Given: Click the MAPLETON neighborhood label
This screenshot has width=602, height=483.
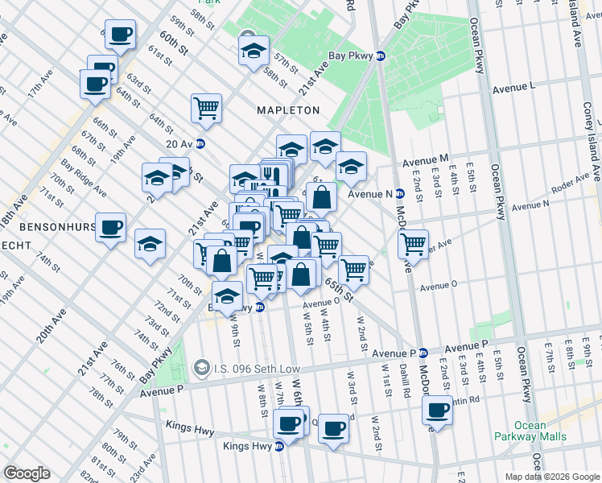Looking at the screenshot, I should [x=288, y=109].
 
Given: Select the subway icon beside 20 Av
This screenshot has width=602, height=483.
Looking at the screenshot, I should [x=200, y=144].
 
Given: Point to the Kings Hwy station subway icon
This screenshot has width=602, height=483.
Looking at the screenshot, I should [x=278, y=446].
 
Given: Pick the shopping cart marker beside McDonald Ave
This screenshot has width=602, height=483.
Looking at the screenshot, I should [x=413, y=242].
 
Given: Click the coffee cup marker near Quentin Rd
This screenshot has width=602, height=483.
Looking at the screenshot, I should [x=437, y=410].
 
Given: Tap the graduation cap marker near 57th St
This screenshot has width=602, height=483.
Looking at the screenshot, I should [x=254, y=51].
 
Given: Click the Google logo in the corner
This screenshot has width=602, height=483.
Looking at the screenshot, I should [x=27, y=473].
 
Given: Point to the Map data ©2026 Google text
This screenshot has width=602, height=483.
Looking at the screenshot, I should [x=552, y=477].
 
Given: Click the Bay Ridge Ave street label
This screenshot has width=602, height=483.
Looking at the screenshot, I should [x=89, y=180].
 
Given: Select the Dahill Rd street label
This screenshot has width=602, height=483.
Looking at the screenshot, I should [x=403, y=374].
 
